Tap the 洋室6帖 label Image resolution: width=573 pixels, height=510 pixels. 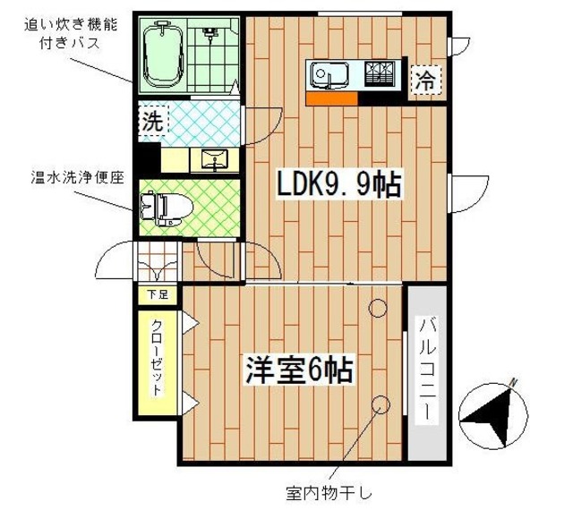click(299, 370)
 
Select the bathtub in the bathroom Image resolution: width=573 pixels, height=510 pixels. click(163, 55)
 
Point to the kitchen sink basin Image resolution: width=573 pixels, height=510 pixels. click(329, 74)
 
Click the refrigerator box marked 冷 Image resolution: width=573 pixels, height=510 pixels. click(425, 81)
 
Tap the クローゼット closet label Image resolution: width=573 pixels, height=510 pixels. click(156, 358)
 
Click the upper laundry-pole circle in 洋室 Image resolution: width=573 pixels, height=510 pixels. click(378, 310)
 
